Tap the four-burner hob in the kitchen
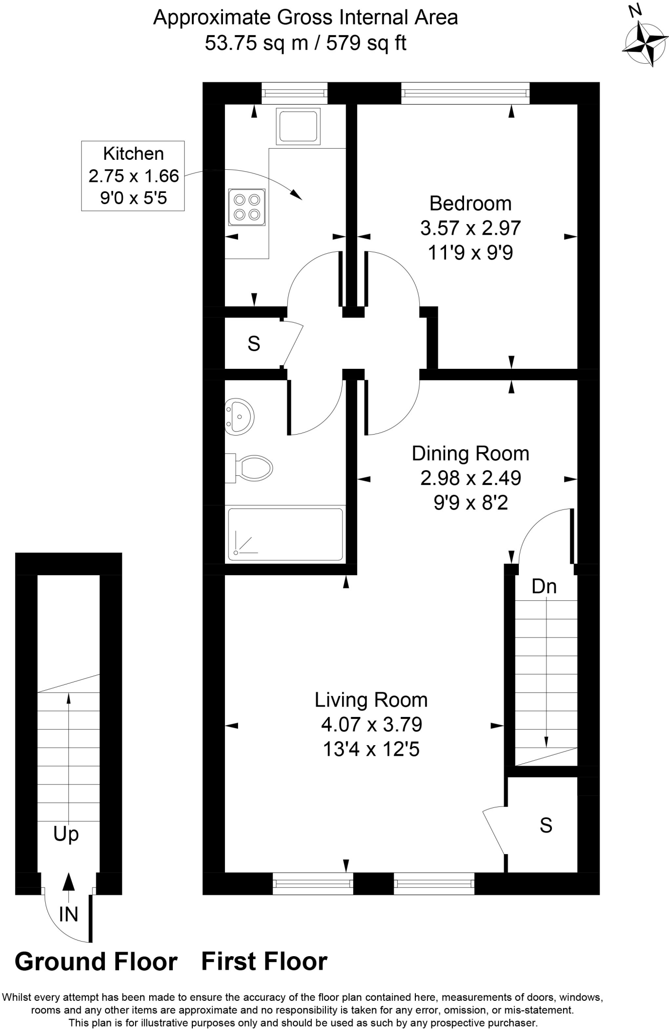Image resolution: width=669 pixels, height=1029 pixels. (246, 207)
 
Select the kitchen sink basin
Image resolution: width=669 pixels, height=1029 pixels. (297, 126)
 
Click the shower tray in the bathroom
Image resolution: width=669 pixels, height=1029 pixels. (285, 534)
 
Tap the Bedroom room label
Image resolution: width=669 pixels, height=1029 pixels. (470, 203)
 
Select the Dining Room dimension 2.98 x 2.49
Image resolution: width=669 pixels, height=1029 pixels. (470, 478)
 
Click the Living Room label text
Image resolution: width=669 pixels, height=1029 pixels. (371, 700)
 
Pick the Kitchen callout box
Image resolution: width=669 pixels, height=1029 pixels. (133, 176)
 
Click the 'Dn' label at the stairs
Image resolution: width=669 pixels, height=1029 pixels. (544, 586)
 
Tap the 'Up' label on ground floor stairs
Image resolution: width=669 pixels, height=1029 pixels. (66, 834)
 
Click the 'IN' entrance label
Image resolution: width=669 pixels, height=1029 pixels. (68, 914)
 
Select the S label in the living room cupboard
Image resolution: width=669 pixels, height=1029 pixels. (545, 825)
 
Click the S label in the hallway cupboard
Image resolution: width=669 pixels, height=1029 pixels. (254, 344)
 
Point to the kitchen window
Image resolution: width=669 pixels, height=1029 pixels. (294, 92)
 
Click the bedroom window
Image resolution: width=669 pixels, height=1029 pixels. (465, 92)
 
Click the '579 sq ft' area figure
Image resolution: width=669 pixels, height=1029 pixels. (366, 44)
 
